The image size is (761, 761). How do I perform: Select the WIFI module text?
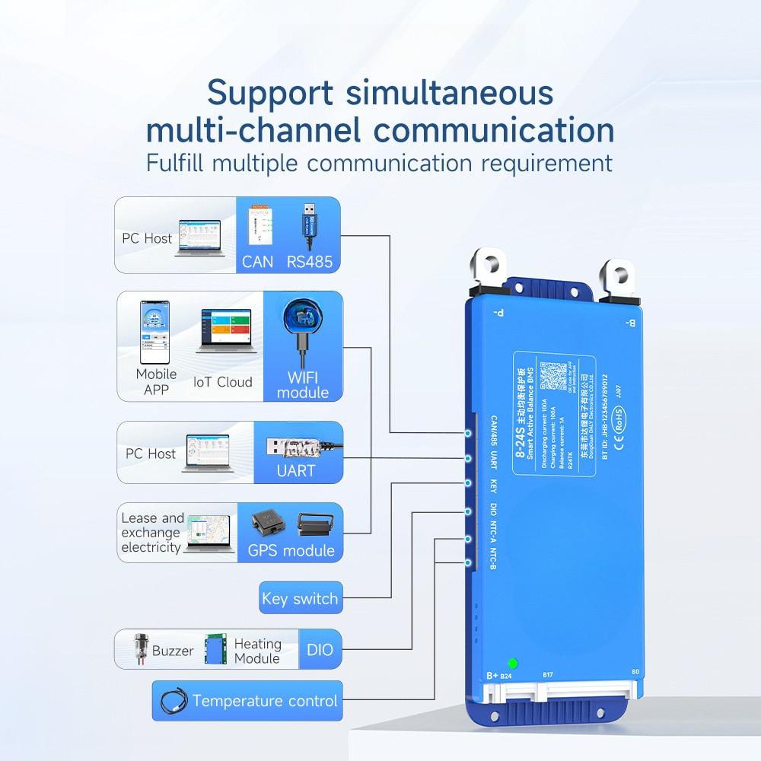point(303,385)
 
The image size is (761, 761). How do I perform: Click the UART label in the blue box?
point(296,471)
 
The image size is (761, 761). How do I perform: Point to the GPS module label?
point(291,551)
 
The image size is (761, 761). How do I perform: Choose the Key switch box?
point(299,599)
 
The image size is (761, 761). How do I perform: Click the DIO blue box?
point(320,651)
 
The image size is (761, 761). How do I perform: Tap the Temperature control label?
point(264,701)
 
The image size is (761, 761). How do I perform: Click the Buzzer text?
point(173,651)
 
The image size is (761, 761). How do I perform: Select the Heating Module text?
point(257,651)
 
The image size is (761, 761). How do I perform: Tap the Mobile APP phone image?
point(154,333)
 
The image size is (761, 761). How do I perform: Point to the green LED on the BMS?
point(513,664)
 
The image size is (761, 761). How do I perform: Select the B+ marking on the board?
point(492,675)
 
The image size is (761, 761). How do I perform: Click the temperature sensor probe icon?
point(172,700)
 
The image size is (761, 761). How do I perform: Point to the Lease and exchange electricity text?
point(152,533)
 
